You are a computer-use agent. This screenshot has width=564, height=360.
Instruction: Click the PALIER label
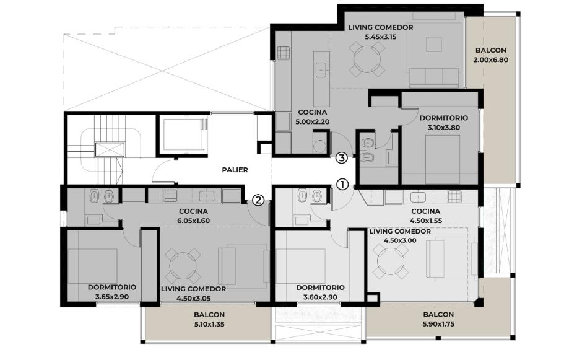pyautogui.click(x=235, y=170)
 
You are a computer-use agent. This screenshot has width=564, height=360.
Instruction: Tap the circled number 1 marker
pyautogui.click(x=342, y=185)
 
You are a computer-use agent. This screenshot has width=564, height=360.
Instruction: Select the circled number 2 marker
pyautogui.click(x=258, y=200)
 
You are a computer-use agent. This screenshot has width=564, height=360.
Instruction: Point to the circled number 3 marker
pyautogui.click(x=341, y=157)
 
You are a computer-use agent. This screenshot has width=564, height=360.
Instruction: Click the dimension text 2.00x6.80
pyautogui.click(x=490, y=60)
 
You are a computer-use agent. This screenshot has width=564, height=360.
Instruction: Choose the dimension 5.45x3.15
pyautogui.click(x=381, y=37)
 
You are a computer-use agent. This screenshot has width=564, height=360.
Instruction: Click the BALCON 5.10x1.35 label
pyautogui.click(x=209, y=319)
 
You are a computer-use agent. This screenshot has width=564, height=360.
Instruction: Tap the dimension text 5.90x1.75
pyautogui.click(x=438, y=324)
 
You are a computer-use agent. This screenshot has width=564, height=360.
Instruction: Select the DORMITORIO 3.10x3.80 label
pyautogui.click(x=444, y=123)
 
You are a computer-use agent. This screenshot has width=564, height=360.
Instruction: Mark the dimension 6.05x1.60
pyautogui.click(x=194, y=221)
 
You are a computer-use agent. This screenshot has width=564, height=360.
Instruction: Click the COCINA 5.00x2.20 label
pyautogui.click(x=312, y=117)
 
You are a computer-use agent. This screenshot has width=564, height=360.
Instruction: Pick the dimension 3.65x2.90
pyautogui.click(x=112, y=297)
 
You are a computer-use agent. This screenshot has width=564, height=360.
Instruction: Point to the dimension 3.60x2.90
pyautogui.click(x=320, y=297)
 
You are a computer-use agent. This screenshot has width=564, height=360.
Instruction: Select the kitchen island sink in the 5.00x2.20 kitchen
pyautogui.click(x=321, y=70)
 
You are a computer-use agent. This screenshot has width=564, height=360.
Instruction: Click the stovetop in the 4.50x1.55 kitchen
pyautogui.click(x=454, y=196)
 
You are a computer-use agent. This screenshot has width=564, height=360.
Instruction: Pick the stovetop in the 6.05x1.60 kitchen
pyautogui.click(x=170, y=195)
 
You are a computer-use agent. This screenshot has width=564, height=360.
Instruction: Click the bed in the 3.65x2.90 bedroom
pyautogui.click(x=93, y=266)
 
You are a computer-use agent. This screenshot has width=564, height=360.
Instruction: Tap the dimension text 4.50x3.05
pyautogui.click(x=194, y=299)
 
